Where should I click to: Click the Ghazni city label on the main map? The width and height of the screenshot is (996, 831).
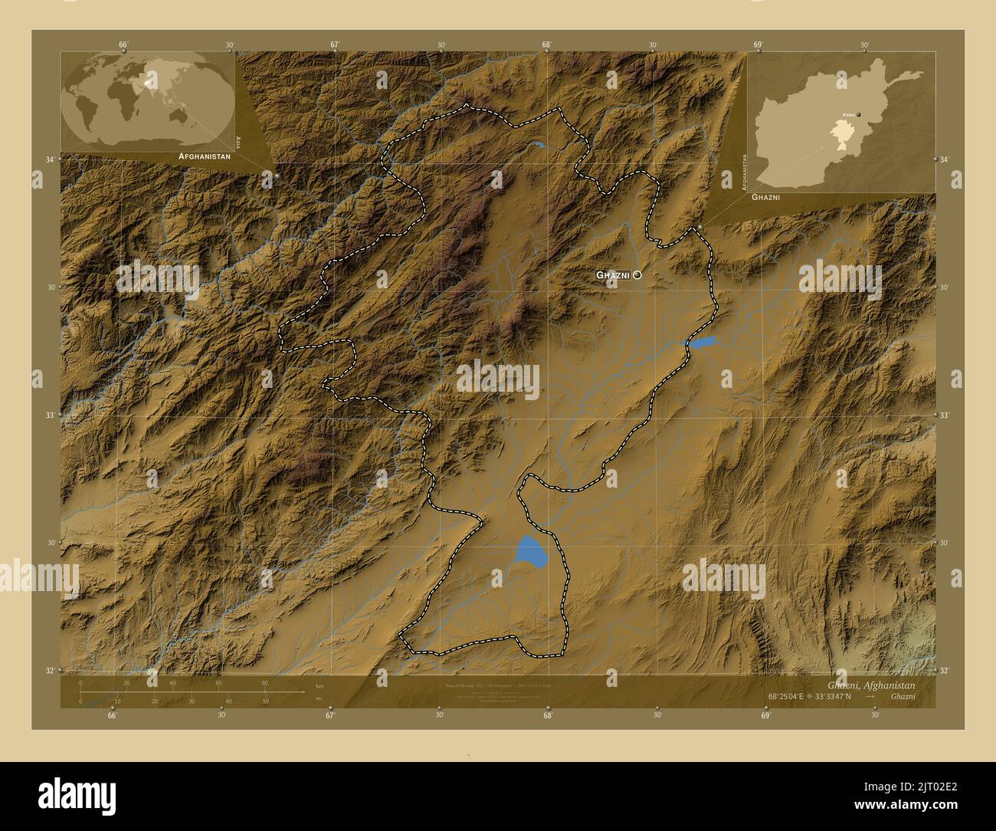pyautogui.click(x=613, y=274)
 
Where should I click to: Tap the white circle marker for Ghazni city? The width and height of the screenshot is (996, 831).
pyautogui.click(x=637, y=274)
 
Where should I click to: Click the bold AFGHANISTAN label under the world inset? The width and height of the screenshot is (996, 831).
pyautogui.click(x=204, y=156)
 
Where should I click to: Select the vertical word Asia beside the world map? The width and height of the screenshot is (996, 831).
pyautogui.click(x=239, y=141)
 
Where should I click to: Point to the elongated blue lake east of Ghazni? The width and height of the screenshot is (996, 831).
pyautogui.click(x=702, y=341)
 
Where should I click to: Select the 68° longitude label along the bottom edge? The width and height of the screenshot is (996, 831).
pyautogui.click(x=548, y=716)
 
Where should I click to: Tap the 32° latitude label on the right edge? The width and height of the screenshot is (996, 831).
pyautogui.click(x=944, y=671)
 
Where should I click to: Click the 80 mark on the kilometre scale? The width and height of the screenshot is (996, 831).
pyautogui.click(x=264, y=683)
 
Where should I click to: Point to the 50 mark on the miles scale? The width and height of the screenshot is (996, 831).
pyautogui.click(x=265, y=701)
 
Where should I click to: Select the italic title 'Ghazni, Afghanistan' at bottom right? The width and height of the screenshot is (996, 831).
pyautogui.click(x=871, y=685)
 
